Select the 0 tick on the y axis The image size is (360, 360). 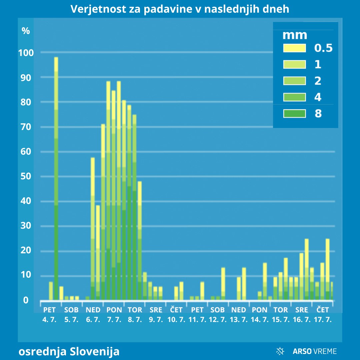point(26,300)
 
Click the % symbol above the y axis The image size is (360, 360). point(26,31)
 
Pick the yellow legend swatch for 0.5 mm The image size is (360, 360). point(294,48)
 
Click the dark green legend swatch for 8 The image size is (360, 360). point(294,114)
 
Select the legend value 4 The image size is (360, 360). point(318,97)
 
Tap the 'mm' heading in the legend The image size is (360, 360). point(295,35)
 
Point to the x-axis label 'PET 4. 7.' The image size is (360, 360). point(49,314)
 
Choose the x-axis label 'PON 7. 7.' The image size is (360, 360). point(114,314)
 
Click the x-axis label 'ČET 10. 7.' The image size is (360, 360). point(176,314)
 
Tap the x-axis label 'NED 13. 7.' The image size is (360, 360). point(238,314)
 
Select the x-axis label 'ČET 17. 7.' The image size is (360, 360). point(322,314)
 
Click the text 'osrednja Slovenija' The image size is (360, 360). point(69,351)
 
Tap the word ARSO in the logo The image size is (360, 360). point(302,351)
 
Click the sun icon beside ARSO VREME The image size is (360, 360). point(280,351)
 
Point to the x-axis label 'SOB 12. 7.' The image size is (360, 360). point(218,314)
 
